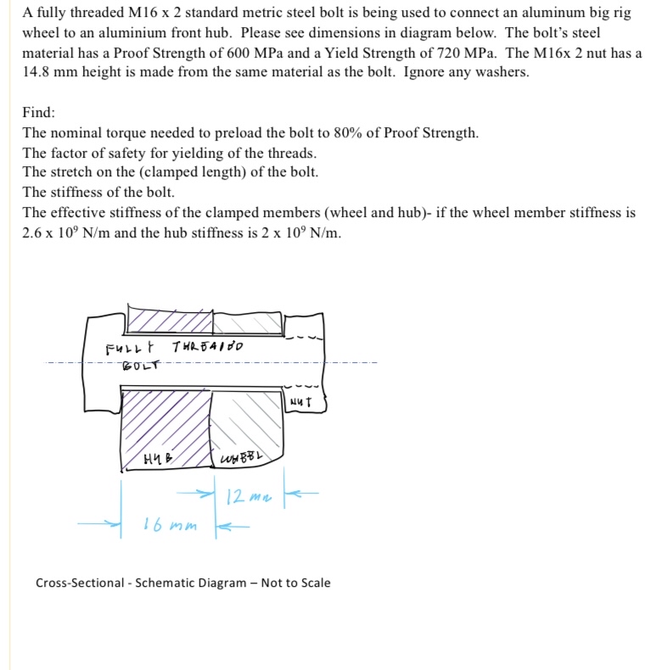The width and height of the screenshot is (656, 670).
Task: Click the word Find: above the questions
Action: tap(39, 112)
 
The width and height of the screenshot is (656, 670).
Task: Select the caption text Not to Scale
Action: tap(295, 583)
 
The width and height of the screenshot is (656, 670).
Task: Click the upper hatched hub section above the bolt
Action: tap(170, 321)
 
